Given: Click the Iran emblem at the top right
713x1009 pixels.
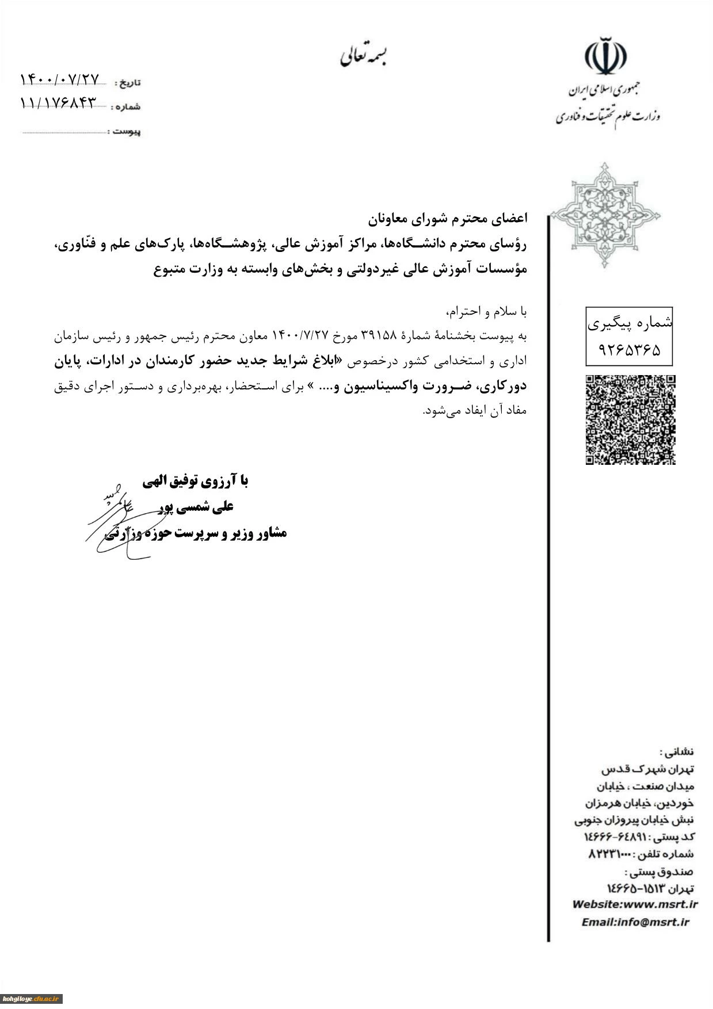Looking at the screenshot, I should pos(605,55).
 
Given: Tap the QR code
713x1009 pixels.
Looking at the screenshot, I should pos(630,419).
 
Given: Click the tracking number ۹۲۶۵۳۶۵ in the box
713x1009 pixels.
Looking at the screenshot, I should pos(630,350).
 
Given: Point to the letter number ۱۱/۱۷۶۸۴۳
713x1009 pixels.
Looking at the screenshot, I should pos(58,103).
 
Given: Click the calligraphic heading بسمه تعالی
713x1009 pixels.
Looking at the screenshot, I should pos(364,56).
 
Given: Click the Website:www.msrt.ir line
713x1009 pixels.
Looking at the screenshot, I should pos(635,904).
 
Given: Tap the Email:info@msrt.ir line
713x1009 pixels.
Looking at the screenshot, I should pos(635,922).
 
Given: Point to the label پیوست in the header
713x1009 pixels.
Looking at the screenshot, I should pos(127,132).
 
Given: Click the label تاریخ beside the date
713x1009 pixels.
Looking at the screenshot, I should pos(128,83).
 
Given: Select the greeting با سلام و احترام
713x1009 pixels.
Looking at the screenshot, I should pos(487,312).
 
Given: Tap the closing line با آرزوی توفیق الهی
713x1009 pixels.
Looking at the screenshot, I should pos(196,481).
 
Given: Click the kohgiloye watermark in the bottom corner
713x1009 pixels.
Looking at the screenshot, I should pos(31,999).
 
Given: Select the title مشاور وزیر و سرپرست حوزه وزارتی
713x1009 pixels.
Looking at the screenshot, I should pos(196,533).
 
